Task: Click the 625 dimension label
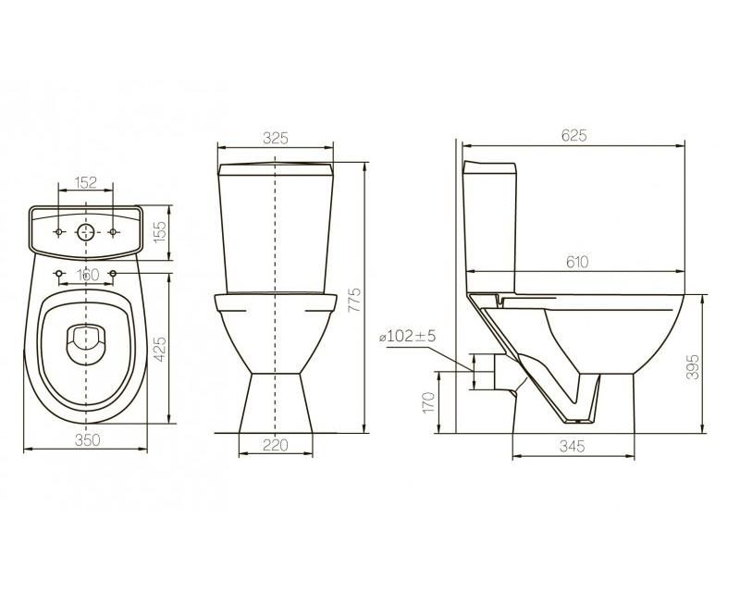[x=573, y=135]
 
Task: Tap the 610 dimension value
[x=576, y=262]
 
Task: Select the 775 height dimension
[x=354, y=300]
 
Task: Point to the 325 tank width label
[x=276, y=138]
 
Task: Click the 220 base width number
[x=275, y=445]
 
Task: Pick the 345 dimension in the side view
[x=572, y=446]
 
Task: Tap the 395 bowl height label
[x=692, y=366]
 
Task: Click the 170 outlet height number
[x=428, y=402]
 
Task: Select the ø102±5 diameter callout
[x=408, y=336]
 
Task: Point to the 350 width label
[x=88, y=439]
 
